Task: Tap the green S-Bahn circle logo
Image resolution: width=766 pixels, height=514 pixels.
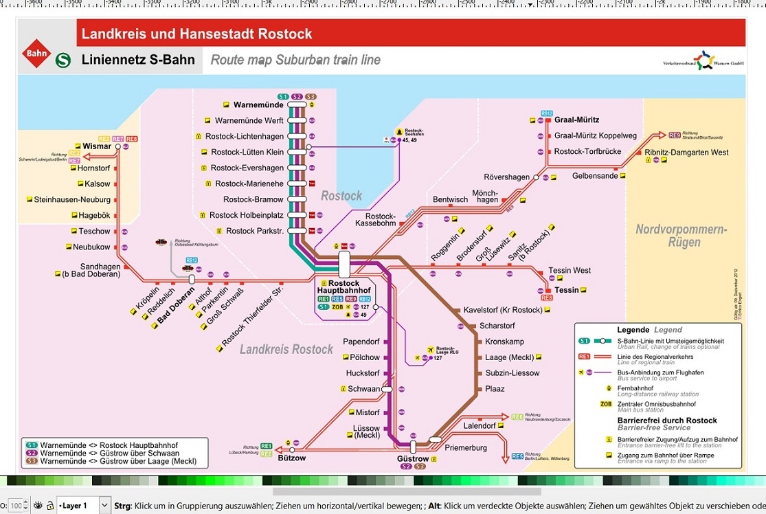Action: coord(63,60)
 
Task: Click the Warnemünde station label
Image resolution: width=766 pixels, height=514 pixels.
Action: coord(258,105)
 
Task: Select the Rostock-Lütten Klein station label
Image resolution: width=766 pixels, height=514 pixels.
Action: coord(247,152)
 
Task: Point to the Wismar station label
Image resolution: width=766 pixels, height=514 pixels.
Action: coord(97,146)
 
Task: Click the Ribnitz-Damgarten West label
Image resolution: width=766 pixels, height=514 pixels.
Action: coord(686,152)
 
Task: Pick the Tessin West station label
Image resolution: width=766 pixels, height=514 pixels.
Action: coord(570,271)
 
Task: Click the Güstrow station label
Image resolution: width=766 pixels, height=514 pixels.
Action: coord(413,459)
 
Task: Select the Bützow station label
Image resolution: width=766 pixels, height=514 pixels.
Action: coord(292,458)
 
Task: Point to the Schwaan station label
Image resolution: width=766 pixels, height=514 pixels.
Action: coord(363,389)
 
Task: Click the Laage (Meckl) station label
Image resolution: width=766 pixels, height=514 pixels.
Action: coord(510,357)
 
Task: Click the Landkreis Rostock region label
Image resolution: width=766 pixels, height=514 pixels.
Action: coord(286,349)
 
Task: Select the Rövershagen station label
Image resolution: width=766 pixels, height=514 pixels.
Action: coord(507,177)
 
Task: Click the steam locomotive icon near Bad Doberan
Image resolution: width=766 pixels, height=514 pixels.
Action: coord(161,243)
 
